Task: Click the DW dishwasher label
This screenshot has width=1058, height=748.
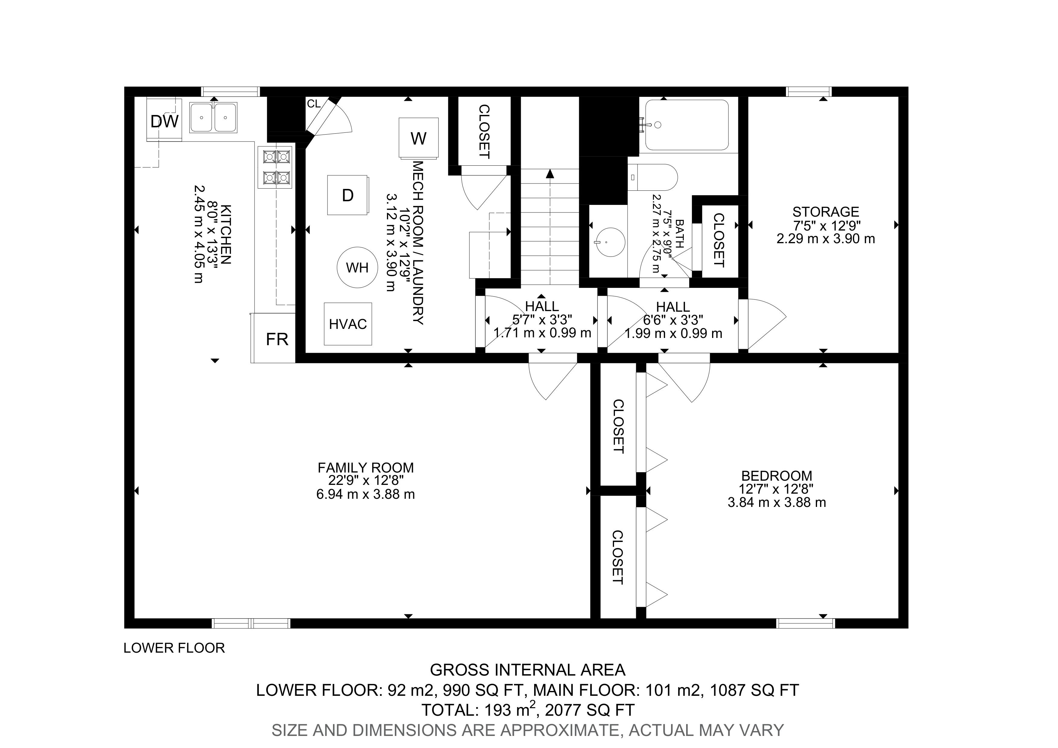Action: (164, 122)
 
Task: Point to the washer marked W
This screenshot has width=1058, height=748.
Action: (418, 138)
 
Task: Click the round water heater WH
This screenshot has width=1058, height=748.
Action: (357, 267)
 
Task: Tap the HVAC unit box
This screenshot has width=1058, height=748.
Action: (348, 324)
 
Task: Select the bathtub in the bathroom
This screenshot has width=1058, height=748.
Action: (687, 125)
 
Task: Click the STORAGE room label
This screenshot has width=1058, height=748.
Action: (826, 212)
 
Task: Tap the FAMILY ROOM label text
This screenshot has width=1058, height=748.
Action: (366, 468)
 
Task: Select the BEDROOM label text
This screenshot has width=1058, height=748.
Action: (777, 476)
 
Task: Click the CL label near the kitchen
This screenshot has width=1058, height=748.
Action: (314, 104)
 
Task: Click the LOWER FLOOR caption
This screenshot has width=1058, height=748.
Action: (174, 648)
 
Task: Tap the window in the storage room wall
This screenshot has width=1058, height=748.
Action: (809, 92)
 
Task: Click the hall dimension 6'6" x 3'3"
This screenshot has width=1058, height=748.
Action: (673, 320)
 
